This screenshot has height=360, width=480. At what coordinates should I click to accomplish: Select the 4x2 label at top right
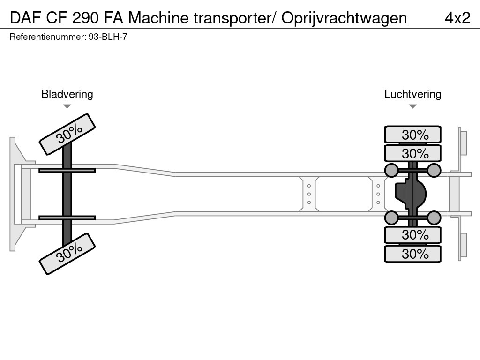(x=457, y=18)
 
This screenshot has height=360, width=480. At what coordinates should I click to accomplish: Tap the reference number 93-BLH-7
(x=108, y=37)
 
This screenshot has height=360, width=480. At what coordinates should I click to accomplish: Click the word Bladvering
(x=67, y=94)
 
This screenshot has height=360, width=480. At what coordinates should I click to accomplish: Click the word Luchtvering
(x=412, y=94)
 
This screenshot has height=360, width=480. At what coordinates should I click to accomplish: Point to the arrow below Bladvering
(x=67, y=106)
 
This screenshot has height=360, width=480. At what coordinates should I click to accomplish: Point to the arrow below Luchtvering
(x=412, y=106)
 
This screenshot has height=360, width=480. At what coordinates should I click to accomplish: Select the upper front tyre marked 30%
(x=67, y=134)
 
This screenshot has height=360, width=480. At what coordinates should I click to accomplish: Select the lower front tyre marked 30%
(x=67, y=254)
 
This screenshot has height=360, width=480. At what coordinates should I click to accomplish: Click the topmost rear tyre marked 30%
(x=412, y=135)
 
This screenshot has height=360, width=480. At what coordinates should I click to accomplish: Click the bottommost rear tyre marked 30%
(x=412, y=254)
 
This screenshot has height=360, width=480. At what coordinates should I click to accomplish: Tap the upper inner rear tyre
(x=412, y=153)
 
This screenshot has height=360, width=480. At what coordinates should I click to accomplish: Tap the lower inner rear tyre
(x=412, y=234)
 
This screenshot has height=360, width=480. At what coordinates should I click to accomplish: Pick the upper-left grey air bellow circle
(x=391, y=170)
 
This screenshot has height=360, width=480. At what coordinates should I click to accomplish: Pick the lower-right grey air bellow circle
(x=434, y=217)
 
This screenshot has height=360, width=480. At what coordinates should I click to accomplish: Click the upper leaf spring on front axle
(x=67, y=170)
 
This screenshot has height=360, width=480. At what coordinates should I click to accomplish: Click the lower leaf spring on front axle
(x=67, y=217)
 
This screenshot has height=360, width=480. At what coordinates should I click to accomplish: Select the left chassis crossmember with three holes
(x=309, y=194)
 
